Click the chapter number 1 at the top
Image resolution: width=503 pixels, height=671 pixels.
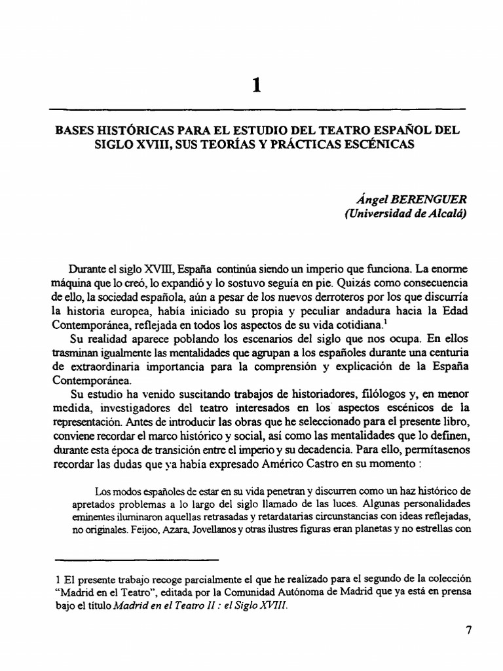click(x=257, y=85)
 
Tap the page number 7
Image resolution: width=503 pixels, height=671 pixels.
click(x=468, y=630)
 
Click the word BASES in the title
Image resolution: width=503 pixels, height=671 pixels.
click(x=78, y=130)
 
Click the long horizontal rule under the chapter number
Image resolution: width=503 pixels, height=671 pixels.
click(x=257, y=108)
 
